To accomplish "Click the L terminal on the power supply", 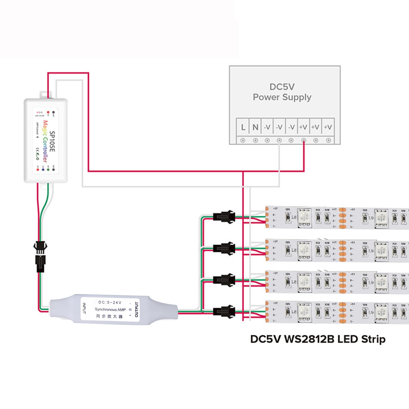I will coord(243,127).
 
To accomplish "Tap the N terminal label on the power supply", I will coord(255,127).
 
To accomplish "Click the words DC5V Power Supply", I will coord(282,92).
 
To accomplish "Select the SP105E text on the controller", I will coord(52,141).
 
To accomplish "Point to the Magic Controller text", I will coord(45,141).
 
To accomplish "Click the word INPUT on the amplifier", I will coord(84,308).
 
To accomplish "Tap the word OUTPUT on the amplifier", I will coord(137,309).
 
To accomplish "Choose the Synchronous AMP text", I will coord(110,309).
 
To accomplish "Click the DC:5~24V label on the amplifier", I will coord(110,302).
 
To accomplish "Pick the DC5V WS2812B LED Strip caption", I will coord(318,339).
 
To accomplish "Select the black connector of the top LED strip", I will coord(224,217).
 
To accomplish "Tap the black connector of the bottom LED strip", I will coord(224,312).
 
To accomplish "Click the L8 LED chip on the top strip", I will coord(304,218).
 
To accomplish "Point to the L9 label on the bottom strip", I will coord(371,312).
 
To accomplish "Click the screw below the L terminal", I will coord(243,140).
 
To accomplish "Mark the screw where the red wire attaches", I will coord(303,140).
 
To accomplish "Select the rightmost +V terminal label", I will coord(328,127).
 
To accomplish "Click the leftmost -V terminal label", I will coord(267,127).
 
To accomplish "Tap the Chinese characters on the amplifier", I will coord(109,316).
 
